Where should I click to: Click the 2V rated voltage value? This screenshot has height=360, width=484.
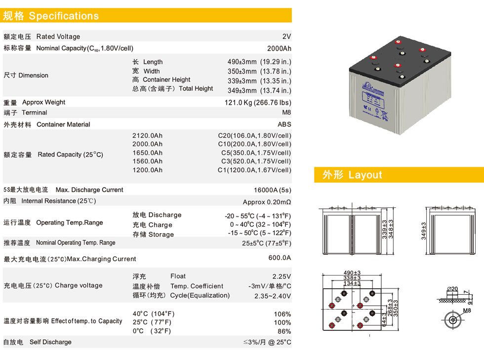(286, 37)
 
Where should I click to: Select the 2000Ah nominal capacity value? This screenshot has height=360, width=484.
(279, 48)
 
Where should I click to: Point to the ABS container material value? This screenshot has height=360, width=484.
(284, 124)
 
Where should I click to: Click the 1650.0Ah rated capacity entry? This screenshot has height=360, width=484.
(147, 153)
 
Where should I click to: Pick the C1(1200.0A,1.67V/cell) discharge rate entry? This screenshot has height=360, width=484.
(254, 170)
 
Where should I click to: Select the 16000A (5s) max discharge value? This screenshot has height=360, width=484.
(272, 190)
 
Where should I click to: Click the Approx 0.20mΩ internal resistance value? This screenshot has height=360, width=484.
(267, 202)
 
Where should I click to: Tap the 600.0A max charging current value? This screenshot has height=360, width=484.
(280, 257)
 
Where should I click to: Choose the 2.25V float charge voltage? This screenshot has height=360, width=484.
(282, 277)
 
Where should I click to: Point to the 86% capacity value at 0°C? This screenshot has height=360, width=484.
(284, 331)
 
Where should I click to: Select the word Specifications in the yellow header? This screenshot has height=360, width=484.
(64, 16)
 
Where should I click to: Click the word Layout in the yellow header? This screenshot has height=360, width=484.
(365, 175)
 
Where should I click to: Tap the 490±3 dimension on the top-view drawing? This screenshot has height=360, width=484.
(352, 273)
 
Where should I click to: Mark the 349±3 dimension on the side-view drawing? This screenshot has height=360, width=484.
(424, 231)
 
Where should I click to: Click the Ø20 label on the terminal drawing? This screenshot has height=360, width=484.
(452, 289)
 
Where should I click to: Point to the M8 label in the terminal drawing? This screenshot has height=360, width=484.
(467, 311)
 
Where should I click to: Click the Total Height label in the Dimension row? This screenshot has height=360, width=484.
(196, 88)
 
